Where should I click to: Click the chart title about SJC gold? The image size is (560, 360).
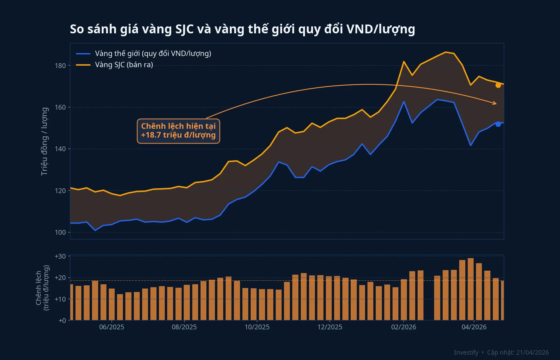click(242, 29)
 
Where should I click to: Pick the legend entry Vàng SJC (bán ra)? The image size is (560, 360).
click(124, 65)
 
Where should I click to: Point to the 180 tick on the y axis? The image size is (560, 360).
click(60, 66)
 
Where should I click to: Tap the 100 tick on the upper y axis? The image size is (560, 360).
click(60, 232)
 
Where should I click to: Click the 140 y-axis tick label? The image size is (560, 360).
click(60, 149)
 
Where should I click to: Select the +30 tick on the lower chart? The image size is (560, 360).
click(60, 256)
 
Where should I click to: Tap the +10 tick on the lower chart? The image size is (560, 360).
click(60, 299)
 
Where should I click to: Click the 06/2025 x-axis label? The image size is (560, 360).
click(111, 327)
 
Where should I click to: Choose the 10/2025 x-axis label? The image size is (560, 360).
click(257, 327)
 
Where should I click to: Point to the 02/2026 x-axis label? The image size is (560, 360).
click(403, 327)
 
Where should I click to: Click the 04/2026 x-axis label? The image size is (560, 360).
click(474, 327)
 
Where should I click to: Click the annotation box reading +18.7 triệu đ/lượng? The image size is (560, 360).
click(178, 131)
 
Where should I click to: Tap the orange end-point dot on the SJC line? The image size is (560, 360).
click(498, 85)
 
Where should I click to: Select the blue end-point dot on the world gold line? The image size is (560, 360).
click(498, 124)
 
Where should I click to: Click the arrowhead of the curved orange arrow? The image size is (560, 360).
click(495, 103)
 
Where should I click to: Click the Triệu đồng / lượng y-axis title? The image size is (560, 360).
click(44, 141)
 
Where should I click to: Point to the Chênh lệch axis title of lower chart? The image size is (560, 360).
click(42, 288)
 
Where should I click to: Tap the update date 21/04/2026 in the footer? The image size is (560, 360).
click(532, 353)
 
